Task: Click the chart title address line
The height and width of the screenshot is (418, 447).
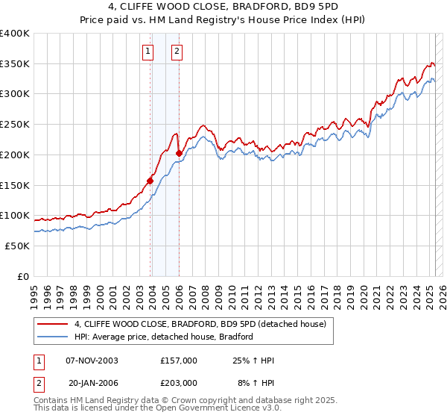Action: (x=223, y=8)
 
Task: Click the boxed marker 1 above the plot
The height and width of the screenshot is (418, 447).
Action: (x=148, y=52)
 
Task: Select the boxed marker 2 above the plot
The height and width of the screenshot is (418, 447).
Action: (x=177, y=52)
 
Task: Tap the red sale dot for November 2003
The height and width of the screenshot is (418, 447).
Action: (x=150, y=180)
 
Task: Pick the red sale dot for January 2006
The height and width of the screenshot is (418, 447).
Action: (x=179, y=153)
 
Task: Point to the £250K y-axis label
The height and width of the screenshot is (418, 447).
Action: (x=14, y=125)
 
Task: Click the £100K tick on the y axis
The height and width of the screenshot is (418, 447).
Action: (x=14, y=216)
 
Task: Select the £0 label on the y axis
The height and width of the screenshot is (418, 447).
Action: (x=23, y=276)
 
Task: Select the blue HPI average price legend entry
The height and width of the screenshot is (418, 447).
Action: (x=164, y=337)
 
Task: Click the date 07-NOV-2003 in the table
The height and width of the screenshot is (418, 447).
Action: (x=92, y=361)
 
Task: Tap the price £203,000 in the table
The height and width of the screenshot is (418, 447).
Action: (x=178, y=382)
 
